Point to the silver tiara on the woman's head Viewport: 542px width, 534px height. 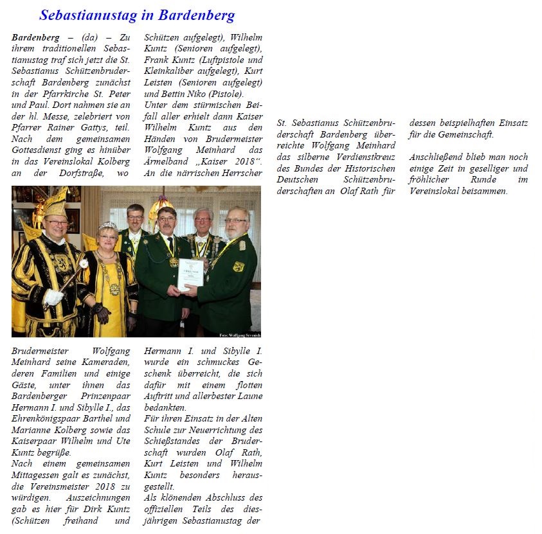tap(107, 226)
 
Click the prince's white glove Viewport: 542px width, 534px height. tap(54, 297)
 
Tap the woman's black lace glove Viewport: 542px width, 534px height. tap(100, 313)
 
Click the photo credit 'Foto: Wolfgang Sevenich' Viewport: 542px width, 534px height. tap(239, 335)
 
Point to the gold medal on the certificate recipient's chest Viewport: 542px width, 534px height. tap(174, 262)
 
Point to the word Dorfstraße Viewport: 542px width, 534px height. tap(83, 174)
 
